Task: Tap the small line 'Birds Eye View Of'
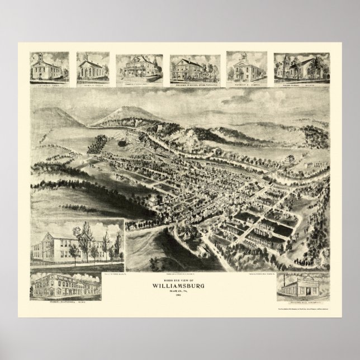179,276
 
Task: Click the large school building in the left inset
67,244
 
